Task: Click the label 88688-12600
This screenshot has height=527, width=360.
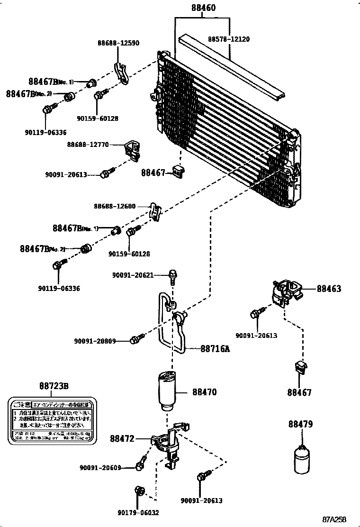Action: (115, 207)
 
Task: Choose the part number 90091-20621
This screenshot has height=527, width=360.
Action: (133, 275)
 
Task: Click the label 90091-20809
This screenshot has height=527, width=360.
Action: (95, 340)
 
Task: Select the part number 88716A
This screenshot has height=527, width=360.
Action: (215, 349)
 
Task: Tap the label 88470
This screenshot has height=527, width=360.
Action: (205, 392)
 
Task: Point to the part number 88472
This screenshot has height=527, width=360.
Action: (123, 438)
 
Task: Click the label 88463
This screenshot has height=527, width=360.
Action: (329, 288)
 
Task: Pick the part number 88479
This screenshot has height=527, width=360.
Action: (300, 425)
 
